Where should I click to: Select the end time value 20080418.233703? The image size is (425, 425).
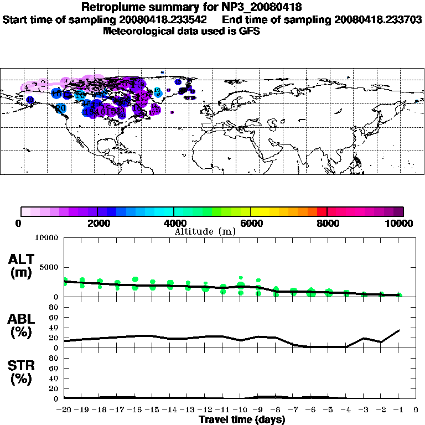tap(379, 19)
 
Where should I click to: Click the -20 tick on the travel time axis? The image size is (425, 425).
tap(65, 410)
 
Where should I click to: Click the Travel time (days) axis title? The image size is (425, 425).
tap(242, 419)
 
